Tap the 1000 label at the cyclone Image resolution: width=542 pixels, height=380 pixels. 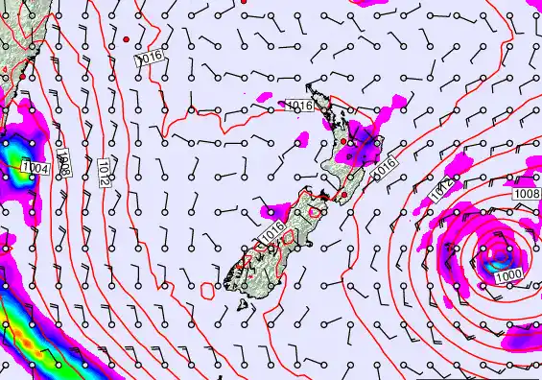(x=509, y=275)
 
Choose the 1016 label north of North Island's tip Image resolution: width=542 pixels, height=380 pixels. (x=300, y=106)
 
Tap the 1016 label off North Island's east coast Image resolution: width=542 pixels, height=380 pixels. (x=385, y=165)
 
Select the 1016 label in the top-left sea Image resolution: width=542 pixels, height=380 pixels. (x=149, y=59)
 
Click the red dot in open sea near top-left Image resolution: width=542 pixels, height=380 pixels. (x=126, y=38)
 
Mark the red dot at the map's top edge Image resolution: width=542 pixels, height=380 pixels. (x=244, y=3)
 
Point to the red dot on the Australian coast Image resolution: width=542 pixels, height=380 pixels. (x=22, y=75)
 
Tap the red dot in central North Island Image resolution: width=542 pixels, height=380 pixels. (x=344, y=142)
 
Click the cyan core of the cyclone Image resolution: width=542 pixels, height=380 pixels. (x=498, y=256)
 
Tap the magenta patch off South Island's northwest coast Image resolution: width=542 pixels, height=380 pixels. (x=275, y=208)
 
